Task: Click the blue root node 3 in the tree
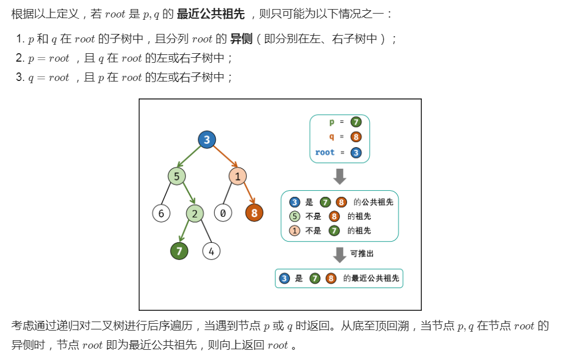click(x=207, y=140)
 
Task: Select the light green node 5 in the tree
click(x=177, y=176)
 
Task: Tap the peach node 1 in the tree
click(x=238, y=176)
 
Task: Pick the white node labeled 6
click(x=161, y=213)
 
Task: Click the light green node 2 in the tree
click(x=195, y=213)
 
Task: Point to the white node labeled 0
click(x=223, y=213)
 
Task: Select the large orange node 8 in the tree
click(x=254, y=213)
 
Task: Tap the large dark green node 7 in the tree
click(x=179, y=251)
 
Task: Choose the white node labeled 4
click(x=211, y=251)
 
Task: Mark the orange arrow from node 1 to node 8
click(x=246, y=194)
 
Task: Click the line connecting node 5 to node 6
click(x=169, y=195)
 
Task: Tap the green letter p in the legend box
click(x=332, y=122)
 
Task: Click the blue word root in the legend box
click(x=325, y=152)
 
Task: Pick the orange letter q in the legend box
click(x=332, y=137)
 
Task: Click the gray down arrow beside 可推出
click(x=339, y=254)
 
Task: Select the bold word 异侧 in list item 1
click(x=241, y=39)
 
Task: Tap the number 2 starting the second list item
click(x=19, y=58)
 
